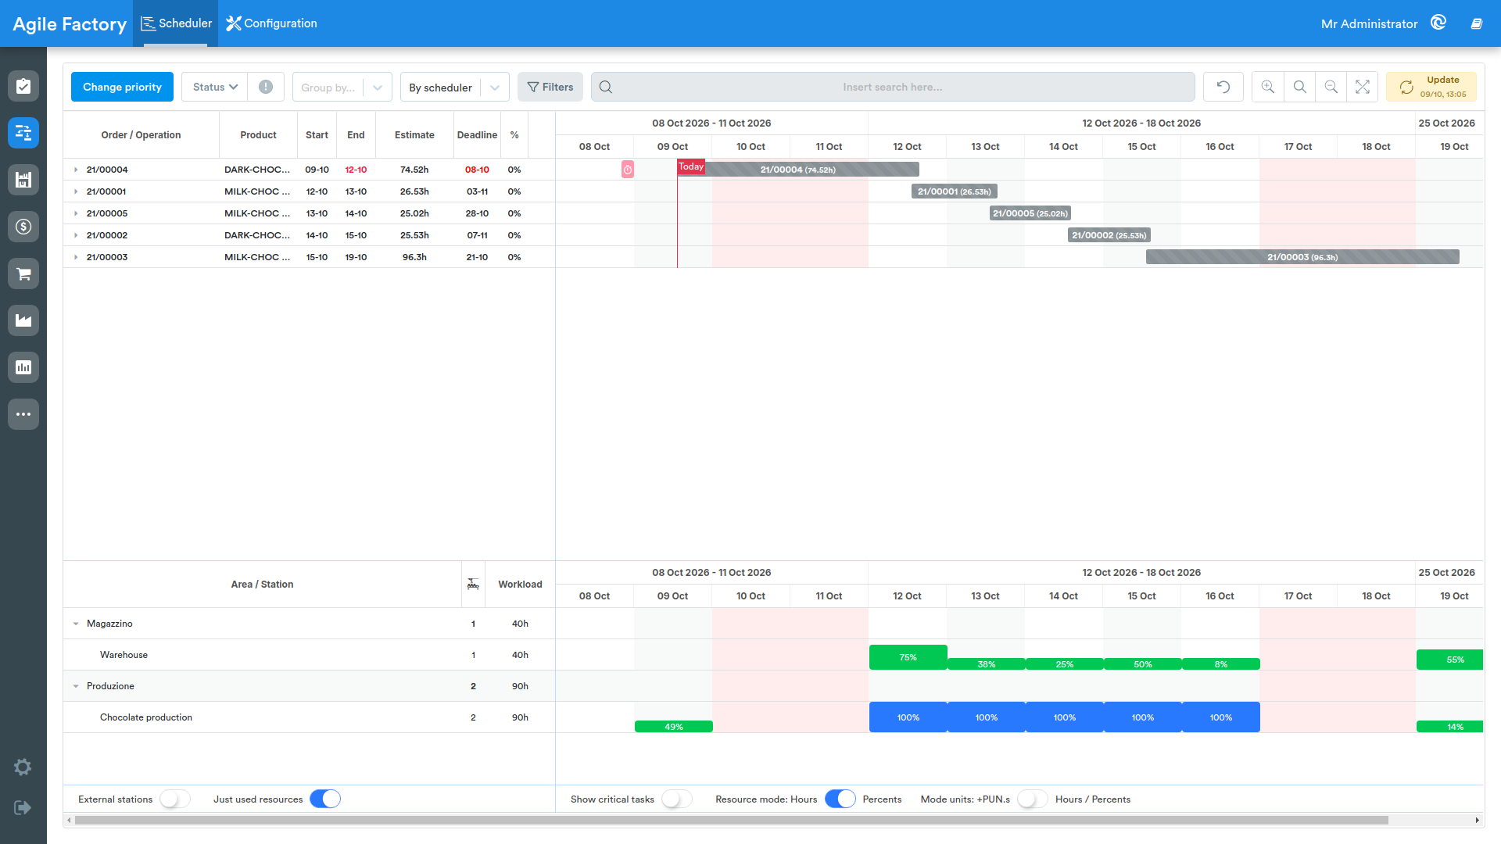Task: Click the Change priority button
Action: (122, 87)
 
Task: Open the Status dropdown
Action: (215, 87)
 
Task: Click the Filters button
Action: (550, 87)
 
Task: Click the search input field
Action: (893, 87)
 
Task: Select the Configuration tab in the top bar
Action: (272, 23)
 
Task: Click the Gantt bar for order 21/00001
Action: (955, 191)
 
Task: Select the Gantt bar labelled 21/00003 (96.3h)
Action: (1302, 257)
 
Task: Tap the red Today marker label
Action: (691, 166)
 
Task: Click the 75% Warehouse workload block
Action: (908, 657)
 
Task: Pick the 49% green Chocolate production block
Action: (674, 727)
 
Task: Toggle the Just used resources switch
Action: (325, 799)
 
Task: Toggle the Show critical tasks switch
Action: (677, 799)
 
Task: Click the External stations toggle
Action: (175, 799)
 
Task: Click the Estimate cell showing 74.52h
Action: (414, 170)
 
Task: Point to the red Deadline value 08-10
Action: (477, 170)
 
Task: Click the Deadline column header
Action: (477, 135)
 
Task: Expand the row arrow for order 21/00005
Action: (76, 213)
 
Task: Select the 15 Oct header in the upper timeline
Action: (1142, 147)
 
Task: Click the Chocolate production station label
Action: (146, 717)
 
